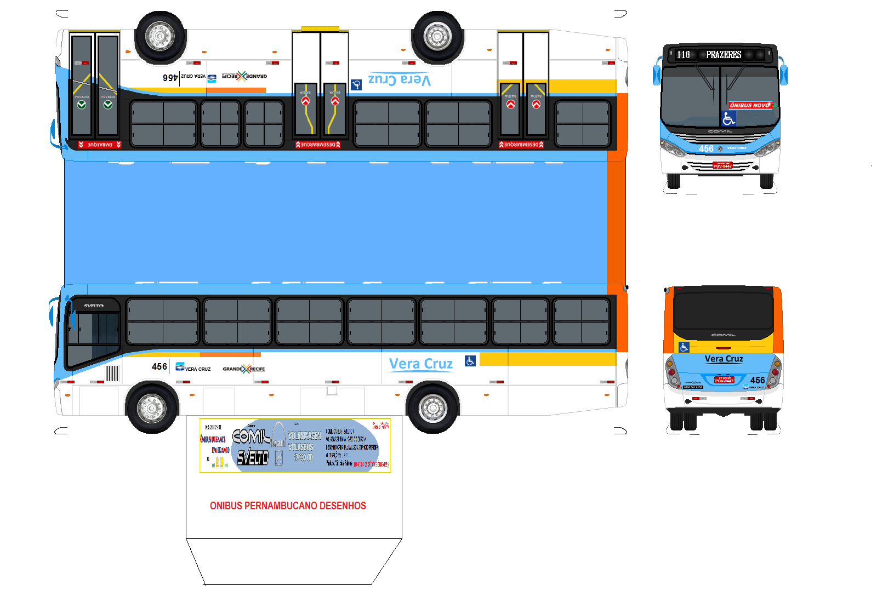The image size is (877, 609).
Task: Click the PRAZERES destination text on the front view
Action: (x=724, y=55)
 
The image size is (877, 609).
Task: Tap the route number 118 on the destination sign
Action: (x=683, y=55)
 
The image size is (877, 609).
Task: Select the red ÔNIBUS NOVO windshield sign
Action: (x=750, y=105)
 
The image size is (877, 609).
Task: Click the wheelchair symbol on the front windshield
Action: (x=728, y=118)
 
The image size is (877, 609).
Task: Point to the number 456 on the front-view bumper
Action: (x=706, y=148)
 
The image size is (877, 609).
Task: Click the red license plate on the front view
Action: (x=722, y=165)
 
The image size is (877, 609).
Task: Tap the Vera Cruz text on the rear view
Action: (x=724, y=359)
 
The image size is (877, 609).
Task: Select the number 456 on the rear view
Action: (x=758, y=380)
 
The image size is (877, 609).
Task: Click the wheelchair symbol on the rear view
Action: (x=684, y=347)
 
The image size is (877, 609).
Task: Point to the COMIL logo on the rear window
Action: (x=724, y=335)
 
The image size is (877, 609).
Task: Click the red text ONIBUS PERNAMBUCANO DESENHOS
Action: (x=288, y=506)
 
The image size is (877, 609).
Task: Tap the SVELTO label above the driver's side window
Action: (x=94, y=306)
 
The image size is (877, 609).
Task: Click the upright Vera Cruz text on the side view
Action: (x=421, y=364)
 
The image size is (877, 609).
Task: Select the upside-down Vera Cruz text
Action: (x=399, y=79)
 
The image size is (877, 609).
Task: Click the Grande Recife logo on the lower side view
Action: (x=244, y=369)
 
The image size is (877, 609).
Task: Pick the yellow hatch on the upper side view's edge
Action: (x=320, y=28)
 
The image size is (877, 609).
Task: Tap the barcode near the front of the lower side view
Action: (x=112, y=374)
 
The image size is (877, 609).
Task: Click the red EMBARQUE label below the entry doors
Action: (x=100, y=145)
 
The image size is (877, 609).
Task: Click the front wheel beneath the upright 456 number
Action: (x=151, y=407)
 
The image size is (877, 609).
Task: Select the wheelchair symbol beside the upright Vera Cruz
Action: (x=470, y=361)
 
